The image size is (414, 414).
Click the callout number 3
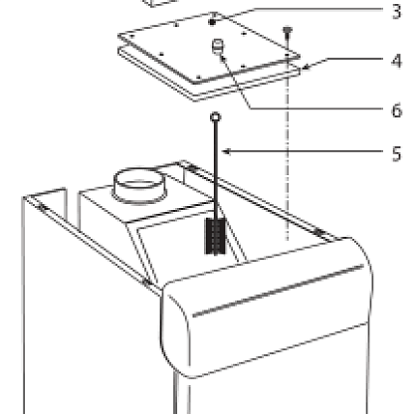[x=396, y=12]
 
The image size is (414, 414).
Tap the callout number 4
[x=396, y=61]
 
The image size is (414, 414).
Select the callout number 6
[x=397, y=110]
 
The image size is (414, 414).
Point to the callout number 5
[x=397, y=154]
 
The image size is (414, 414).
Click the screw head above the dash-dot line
[x=288, y=31]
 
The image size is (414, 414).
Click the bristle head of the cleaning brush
[x=216, y=236]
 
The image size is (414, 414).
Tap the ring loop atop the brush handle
[x=216, y=116]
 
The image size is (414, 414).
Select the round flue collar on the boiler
[x=139, y=185]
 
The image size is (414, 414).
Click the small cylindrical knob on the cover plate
[x=218, y=46]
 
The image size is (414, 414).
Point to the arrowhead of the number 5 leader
[x=227, y=152]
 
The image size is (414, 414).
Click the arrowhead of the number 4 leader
[x=306, y=68]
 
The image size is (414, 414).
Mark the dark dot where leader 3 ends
[x=212, y=23]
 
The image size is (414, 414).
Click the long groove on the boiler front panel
[x=278, y=291]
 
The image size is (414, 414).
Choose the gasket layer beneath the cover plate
[x=209, y=82]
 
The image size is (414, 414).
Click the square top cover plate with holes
[x=209, y=48]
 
